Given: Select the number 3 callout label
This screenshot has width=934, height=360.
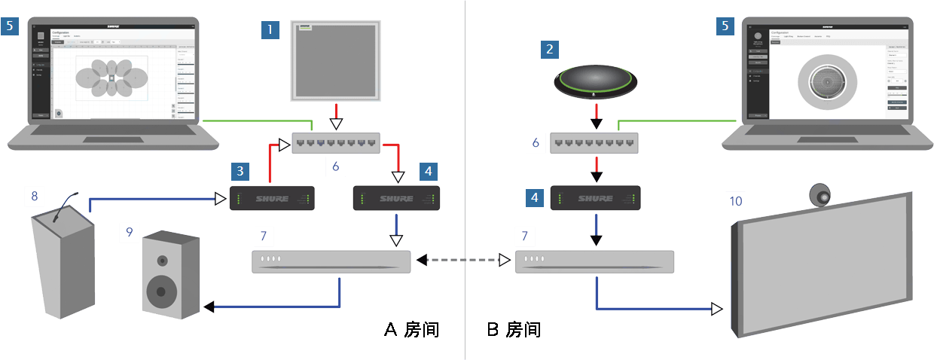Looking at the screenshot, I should pos(240,171).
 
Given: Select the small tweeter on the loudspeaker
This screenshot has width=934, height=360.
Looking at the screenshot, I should pos(162,261).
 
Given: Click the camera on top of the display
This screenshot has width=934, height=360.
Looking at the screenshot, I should pos(822,195).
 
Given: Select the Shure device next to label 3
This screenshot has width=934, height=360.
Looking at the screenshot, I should pos(272,199).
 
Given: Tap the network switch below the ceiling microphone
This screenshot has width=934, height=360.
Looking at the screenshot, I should pos(336,142).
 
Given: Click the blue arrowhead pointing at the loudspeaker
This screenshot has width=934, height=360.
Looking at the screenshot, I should pos(209,307).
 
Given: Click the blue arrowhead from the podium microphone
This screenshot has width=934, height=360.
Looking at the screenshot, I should pos(221,199).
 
